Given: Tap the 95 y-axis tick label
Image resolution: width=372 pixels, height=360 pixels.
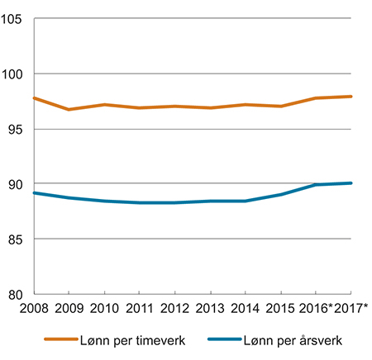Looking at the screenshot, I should click(x=17, y=129).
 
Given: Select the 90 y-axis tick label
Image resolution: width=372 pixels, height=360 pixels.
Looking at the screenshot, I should click(x=17, y=184).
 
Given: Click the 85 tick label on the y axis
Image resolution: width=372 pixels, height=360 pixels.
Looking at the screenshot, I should click(x=17, y=239).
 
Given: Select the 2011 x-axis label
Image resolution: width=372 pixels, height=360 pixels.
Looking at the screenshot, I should click(x=140, y=308).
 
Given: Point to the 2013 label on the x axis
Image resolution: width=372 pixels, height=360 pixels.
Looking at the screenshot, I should click(x=210, y=308).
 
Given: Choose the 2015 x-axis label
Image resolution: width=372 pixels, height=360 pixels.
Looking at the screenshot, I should click(x=280, y=308).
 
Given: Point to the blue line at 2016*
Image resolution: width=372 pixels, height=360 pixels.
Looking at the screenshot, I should click(x=316, y=185).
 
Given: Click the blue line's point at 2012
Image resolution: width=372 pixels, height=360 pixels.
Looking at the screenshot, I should click(x=175, y=202).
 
